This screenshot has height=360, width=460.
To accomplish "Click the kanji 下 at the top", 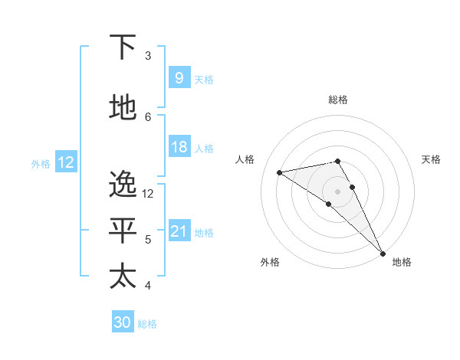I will coord(123,48).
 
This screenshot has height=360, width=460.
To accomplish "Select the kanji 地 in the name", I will coord(123,108).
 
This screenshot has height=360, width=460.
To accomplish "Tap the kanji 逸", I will coord(123,185).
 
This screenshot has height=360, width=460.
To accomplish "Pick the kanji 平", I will coord(123,231).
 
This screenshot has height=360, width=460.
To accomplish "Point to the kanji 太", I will coord(123,276).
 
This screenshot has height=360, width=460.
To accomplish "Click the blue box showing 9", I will coord(179,78).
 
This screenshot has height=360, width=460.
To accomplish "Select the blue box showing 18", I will coord(179,147).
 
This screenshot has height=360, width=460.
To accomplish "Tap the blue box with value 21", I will coord(179,231).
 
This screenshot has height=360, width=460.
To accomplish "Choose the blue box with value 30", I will coord(123,322).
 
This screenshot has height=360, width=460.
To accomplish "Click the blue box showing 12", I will coord(65,162).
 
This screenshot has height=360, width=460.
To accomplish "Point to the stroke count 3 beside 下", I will coord(147,56).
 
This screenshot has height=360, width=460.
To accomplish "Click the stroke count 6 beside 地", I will coord(147,116).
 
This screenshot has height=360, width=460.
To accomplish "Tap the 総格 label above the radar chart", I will coord(338,100).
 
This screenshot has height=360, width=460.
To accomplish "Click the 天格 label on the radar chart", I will coord(432,159).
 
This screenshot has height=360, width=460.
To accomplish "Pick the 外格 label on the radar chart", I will coord(270,262).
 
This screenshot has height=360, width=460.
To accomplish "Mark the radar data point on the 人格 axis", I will coord(279,172).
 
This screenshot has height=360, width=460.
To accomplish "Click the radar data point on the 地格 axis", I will coord(383,254).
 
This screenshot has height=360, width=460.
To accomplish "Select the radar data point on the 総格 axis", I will coord(337,161).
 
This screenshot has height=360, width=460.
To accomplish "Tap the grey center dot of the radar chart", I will coord(337,191).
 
